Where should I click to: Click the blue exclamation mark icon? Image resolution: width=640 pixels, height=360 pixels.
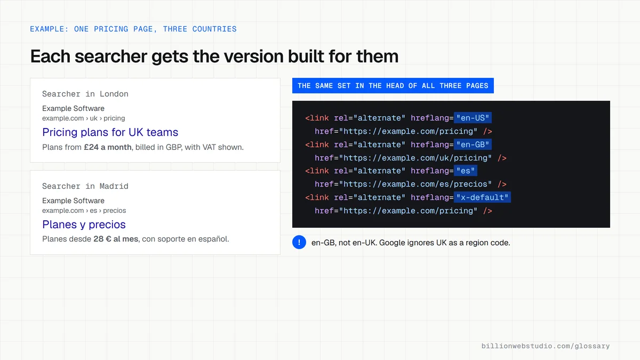click(299, 242)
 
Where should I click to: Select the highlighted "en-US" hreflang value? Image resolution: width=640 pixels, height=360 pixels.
click(473, 118)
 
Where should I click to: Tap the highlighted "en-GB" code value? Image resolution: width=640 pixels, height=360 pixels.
click(473, 145)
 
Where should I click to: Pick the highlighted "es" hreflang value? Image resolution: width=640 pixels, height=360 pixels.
click(466, 171)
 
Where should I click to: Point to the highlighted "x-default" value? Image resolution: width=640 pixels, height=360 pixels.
click(482, 197)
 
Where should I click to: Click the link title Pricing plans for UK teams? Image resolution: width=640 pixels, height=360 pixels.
click(110, 132)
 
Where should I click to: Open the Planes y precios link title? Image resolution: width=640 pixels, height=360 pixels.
click(84, 225)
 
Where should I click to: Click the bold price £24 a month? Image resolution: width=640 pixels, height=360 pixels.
click(107, 147)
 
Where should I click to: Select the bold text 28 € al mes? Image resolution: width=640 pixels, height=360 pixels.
click(116, 239)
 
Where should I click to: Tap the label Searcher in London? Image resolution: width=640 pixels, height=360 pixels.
click(85, 94)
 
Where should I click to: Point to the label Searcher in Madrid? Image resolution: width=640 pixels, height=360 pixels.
click(85, 186)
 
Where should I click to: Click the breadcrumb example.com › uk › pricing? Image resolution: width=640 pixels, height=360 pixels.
click(83, 118)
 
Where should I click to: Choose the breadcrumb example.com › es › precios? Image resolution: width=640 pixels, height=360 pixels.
click(84, 211)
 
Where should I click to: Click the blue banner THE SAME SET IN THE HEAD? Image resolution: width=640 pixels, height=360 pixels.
click(393, 86)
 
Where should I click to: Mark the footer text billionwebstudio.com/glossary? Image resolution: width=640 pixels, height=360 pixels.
click(546, 346)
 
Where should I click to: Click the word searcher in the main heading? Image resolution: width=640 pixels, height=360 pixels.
click(110, 57)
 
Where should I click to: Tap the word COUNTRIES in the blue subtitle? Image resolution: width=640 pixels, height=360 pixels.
click(214, 29)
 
